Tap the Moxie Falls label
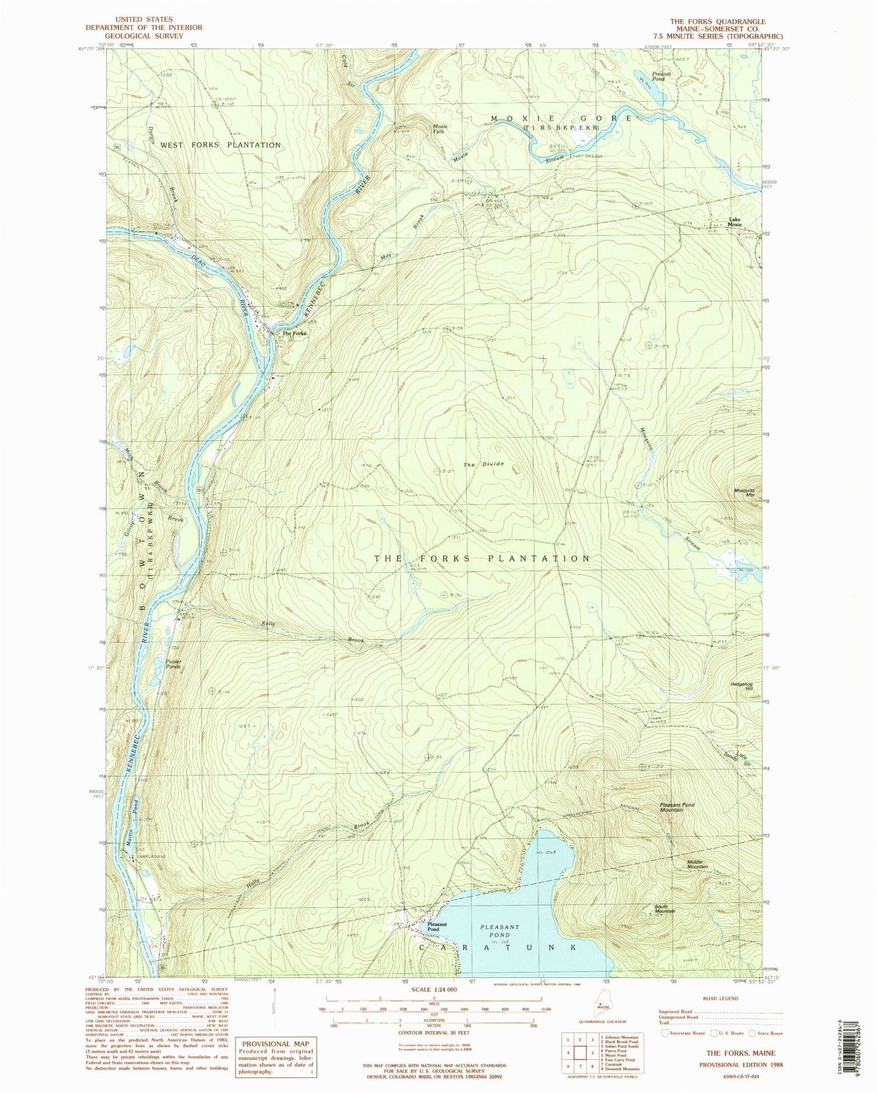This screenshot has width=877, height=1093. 440,129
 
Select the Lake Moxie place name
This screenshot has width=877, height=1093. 735,222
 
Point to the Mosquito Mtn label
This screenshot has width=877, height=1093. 745,492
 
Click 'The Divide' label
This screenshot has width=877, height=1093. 484,464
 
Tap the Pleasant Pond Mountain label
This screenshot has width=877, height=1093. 678,807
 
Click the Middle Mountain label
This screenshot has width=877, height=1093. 698,866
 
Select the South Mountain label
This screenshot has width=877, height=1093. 665,908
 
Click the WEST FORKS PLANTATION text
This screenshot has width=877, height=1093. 221,145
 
